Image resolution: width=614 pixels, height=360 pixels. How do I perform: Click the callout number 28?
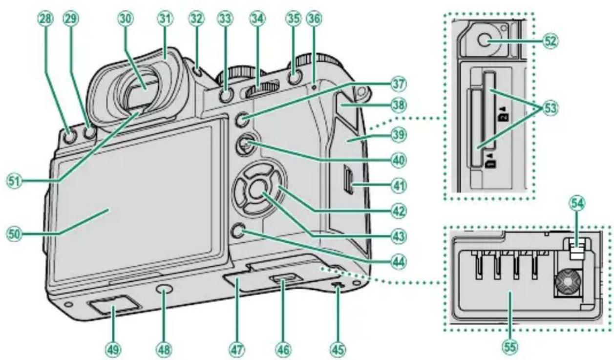(46, 19)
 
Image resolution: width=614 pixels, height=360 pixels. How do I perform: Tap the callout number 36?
(315, 19)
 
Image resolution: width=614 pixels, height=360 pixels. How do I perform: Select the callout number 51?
(15, 182)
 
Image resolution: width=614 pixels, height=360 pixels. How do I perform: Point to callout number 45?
(338, 350)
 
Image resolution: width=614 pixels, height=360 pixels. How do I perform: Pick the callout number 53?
(550, 108)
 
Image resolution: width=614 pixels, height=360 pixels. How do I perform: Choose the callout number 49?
(113, 350)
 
